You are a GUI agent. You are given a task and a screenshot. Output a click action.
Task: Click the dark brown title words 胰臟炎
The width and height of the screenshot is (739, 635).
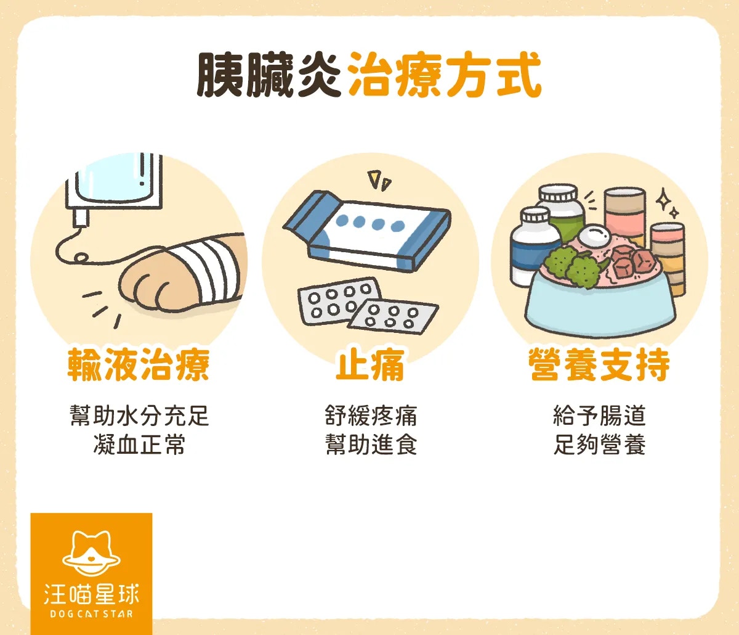268,75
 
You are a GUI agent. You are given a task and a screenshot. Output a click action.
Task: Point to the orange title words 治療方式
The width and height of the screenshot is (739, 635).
445,75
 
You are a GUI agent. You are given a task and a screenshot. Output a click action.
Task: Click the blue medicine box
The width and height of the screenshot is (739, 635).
367,231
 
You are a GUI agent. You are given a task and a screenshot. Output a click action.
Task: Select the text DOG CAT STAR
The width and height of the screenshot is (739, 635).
92,614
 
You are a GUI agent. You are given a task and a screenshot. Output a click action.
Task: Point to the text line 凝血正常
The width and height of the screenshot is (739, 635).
139,444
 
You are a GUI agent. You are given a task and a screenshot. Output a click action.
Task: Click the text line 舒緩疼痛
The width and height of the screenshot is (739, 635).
371,416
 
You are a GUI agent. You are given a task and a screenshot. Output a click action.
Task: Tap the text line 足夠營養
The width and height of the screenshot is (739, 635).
600,444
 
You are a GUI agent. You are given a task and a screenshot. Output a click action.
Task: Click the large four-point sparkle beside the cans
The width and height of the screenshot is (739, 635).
663,199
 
